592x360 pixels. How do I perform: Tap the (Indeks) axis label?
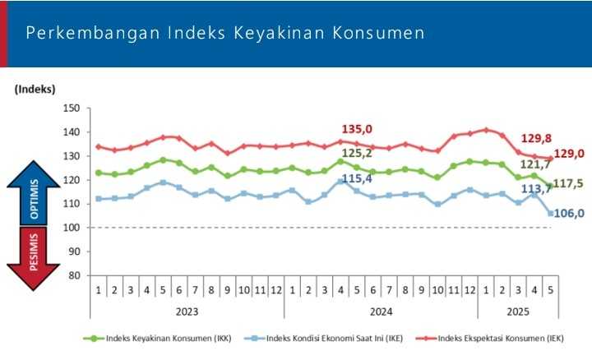point(35,89)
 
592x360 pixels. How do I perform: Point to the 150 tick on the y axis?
point(72,108)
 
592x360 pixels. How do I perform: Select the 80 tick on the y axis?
point(74,275)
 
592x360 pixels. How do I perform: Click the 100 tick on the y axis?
point(72,228)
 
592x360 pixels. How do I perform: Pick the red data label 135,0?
point(357,129)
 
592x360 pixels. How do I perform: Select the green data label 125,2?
point(357,153)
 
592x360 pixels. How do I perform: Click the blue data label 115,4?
point(357,178)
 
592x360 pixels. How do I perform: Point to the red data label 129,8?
point(537,139)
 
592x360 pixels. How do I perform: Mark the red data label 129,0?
point(568,154)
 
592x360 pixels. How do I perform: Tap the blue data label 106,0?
point(568,213)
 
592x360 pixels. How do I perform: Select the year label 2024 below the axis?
point(381,312)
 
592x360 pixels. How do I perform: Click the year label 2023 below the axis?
point(187,312)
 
